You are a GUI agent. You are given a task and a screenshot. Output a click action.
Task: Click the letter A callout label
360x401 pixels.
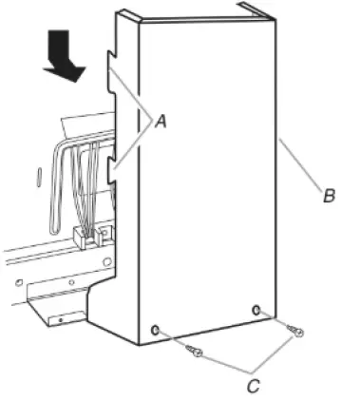[x=161, y=121]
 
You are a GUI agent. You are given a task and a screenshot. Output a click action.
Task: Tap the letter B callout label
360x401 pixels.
[x=329, y=197]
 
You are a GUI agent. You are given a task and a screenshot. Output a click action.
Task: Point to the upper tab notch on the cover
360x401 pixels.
[x=110, y=70]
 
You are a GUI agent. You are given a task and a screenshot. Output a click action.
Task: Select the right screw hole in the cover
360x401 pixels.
[x=256, y=309]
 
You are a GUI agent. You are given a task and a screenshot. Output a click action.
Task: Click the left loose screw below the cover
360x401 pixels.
[x=197, y=353]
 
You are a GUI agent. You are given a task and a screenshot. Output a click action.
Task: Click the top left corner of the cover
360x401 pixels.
[x=121, y=13]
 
